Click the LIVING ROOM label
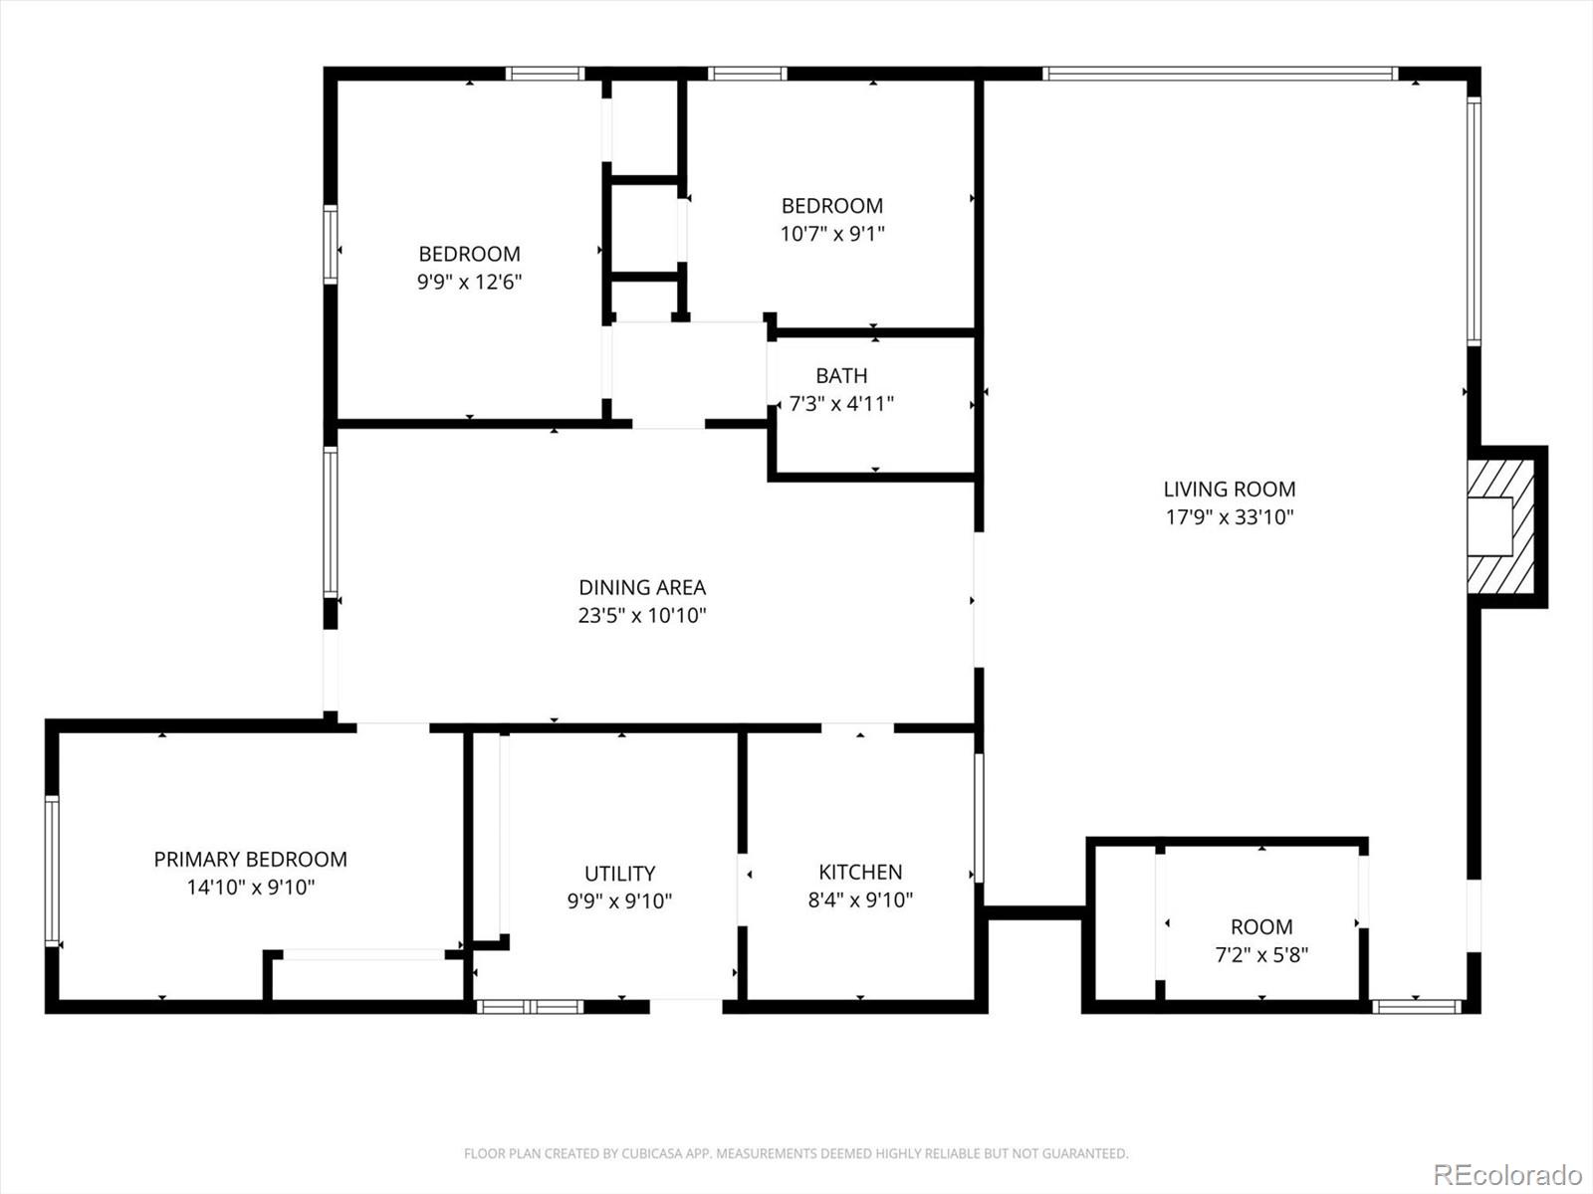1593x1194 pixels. coord(1230,490)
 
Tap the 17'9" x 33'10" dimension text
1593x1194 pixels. coord(1230,517)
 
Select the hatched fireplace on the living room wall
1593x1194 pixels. coord(1500,527)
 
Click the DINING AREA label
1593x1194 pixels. coord(642,587)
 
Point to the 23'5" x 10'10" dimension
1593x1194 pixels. coord(642,616)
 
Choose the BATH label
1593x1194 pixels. coord(842,375)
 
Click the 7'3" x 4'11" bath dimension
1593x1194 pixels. coord(842,404)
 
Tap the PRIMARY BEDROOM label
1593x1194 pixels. coord(250,859)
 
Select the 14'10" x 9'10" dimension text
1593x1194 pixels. coord(251,888)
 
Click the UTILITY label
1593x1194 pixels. coord(620,873)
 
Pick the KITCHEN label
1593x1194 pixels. coord(861,872)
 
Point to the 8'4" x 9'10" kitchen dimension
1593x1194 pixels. coord(861,899)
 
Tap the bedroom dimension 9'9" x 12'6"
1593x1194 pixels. coord(470,282)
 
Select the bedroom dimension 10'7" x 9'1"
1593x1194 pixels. coord(832,234)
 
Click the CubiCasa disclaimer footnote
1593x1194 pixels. coord(796,1153)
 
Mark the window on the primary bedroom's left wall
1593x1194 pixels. coord(52,871)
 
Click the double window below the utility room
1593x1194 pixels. coord(530,1007)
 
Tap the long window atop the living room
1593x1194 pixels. coord(1221,74)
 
